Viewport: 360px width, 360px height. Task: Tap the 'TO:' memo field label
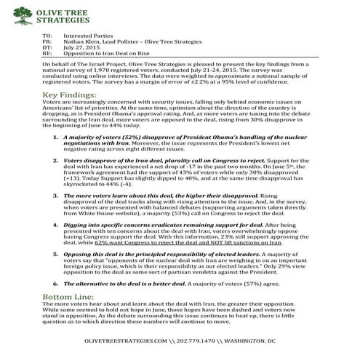[49, 35]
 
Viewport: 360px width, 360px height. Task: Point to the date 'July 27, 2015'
[80, 47]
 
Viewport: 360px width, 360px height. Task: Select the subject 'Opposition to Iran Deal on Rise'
[106, 54]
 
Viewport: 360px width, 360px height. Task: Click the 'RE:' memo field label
[49, 54]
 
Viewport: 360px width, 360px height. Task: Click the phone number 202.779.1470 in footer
[207, 340]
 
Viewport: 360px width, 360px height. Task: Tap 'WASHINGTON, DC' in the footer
[264, 340]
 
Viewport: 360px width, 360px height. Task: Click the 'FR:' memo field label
[49, 41]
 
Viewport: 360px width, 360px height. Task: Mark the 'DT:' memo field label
[49, 47]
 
